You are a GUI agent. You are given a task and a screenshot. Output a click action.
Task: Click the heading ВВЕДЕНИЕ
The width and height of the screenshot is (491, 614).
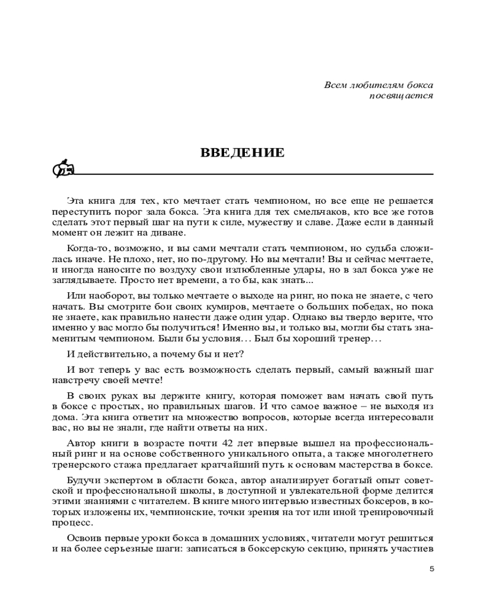(242, 153)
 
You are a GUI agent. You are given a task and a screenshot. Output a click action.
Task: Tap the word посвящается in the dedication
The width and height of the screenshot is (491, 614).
(401, 96)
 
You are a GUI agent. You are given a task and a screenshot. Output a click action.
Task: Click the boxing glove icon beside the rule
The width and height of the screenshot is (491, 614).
(63, 168)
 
